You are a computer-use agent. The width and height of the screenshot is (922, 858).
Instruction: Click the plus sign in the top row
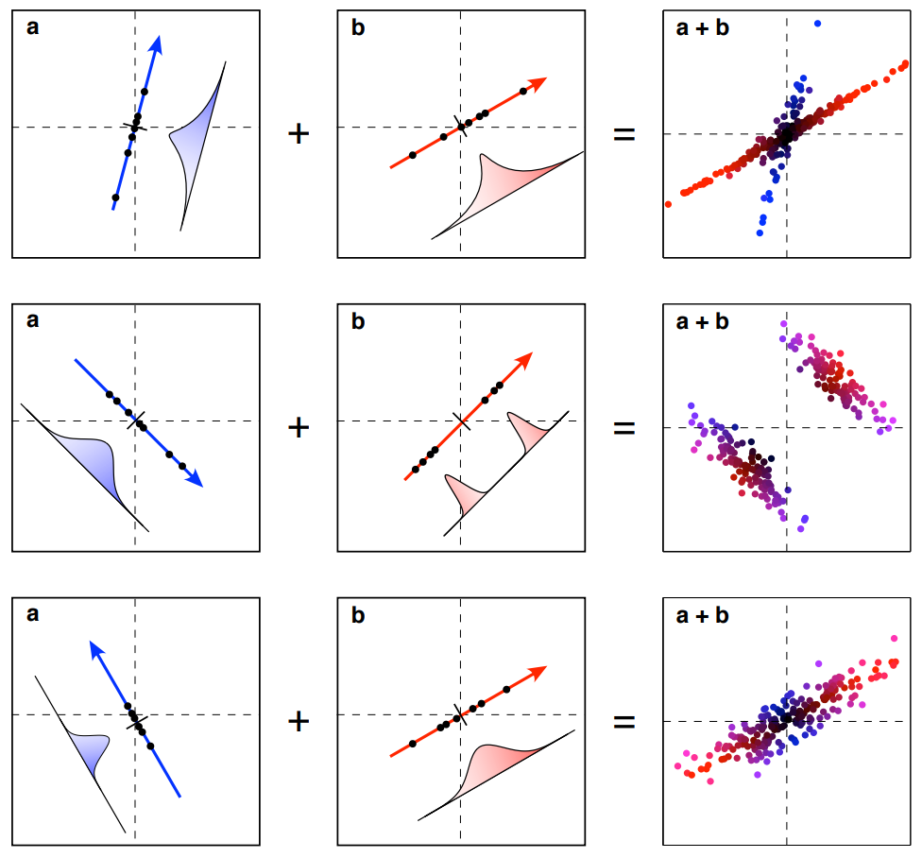pyautogui.click(x=299, y=133)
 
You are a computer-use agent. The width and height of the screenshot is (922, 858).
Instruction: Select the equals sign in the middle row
pyautogui.click(x=624, y=427)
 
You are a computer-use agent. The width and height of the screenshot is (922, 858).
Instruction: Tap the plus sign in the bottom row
pyautogui.click(x=299, y=722)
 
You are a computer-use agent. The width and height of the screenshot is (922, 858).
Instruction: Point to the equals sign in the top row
pyautogui.click(x=624, y=133)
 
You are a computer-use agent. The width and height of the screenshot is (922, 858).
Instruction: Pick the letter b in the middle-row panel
pyautogui.click(x=358, y=320)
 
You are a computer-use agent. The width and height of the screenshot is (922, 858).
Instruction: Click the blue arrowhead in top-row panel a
pyautogui.click(x=157, y=43)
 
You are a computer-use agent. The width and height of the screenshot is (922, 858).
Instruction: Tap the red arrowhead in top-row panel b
pyautogui.click(x=538, y=82)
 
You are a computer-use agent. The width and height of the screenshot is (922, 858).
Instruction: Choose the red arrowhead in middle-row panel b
pyautogui.click(x=523, y=360)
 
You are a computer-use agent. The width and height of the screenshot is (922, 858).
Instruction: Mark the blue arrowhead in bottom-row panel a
pyautogui.click(x=94, y=648)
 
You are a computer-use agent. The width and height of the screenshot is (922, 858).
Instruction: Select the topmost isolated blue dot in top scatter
pyautogui.click(x=817, y=23)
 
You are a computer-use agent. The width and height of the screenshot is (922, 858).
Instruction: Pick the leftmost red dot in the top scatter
pyautogui.click(x=668, y=203)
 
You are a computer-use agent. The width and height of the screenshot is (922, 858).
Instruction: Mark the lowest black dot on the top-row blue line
pyautogui.click(x=115, y=197)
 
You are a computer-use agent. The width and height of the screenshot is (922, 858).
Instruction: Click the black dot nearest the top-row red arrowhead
pyautogui.click(x=523, y=92)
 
